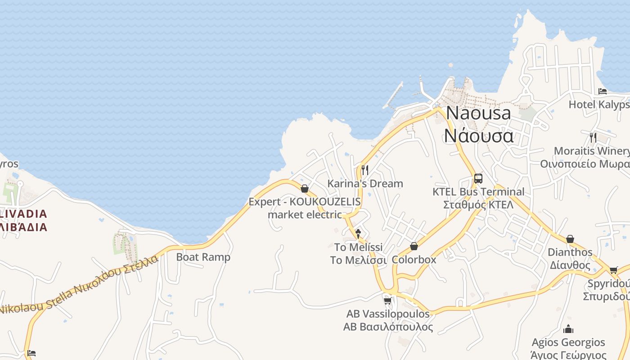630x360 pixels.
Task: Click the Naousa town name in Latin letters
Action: pos(478,113)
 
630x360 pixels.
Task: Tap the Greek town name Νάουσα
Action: pos(478,135)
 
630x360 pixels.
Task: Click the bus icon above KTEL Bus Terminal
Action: pos(478,178)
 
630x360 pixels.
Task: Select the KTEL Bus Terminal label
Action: pos(478,192)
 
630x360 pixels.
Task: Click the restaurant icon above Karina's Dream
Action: pos(365,170)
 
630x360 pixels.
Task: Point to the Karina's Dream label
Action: pos(365,184)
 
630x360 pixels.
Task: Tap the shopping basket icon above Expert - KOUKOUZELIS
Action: pos(305,189)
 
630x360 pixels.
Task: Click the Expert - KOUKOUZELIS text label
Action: pos(305,202)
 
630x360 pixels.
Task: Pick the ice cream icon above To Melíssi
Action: pos(358,234)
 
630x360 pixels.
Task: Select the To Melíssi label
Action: pos(358,247)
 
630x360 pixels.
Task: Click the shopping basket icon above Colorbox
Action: pos(414,246)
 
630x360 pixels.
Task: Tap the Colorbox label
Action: pos(414,260)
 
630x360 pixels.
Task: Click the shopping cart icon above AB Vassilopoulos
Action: pos(387,300)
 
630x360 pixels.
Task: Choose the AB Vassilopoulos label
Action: pos(388,314)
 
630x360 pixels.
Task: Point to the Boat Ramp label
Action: pos(203,257)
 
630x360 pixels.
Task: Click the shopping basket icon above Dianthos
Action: pos(570,239)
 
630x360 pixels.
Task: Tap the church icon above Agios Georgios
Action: pos(568,329)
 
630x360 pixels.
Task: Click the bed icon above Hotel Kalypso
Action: pos(603,91)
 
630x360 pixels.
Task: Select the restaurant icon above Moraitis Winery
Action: pos(593,137)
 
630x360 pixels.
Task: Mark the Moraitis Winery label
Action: pos(591,151)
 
